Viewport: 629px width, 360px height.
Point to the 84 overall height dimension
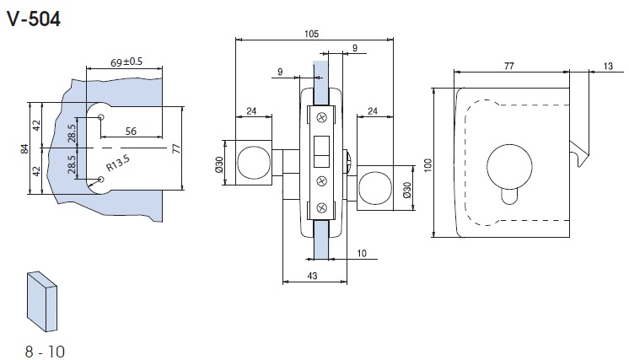click(24, 149)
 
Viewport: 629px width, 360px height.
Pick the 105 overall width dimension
click(311, 34)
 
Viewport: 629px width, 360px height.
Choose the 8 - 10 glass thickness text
click(46, 348)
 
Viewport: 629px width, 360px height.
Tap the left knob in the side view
click(253, 163)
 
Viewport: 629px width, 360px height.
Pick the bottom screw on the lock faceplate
click(321, 208)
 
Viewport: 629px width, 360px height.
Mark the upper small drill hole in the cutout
click(100, 117)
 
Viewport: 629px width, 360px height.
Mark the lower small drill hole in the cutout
click(100, 178)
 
